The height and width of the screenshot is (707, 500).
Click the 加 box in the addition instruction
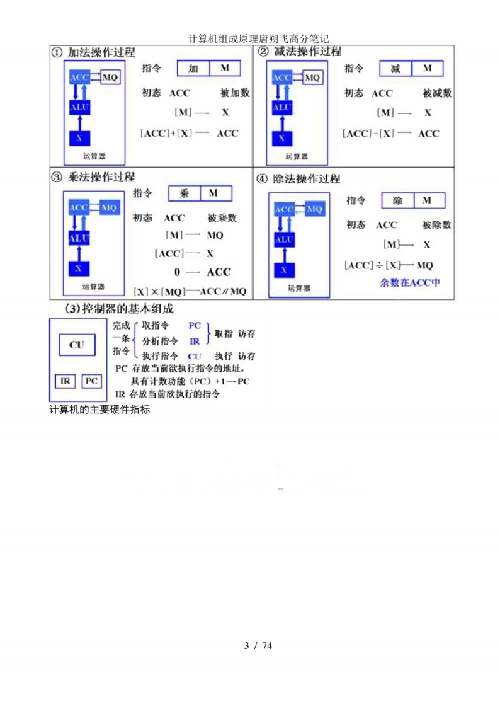click(x=193, y=68)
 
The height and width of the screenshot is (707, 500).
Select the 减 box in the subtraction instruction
click(x=395, y=68)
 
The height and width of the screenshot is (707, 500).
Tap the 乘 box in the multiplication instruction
click(x=184, y=193)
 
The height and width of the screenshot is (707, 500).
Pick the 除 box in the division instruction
click(x=398, y=200)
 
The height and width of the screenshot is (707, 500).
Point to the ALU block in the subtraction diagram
click(x=281, y=108)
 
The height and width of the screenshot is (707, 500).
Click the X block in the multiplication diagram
click(x=79, y=267)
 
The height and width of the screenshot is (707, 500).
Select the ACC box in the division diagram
click(x=285, y=209)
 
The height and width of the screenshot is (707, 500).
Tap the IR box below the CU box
click(x=65, y=381)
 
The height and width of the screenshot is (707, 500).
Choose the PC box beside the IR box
click(x=91, y=381)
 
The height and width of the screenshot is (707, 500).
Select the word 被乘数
click(x=222, y=218)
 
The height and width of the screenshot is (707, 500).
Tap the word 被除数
click(x=437, y=225)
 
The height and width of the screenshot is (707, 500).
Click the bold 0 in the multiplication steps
click(x=178, y=272)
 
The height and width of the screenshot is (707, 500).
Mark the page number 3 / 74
click(x=258, y=645)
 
